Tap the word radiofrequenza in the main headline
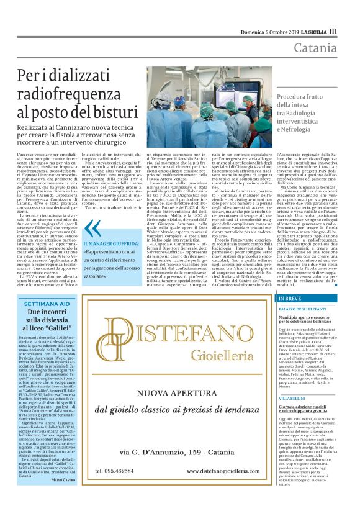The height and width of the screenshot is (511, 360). click(x=68, y=95)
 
